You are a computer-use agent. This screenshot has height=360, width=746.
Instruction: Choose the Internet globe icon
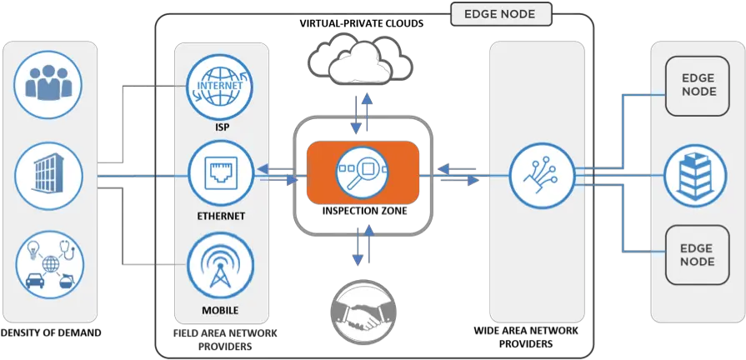click(221, 87)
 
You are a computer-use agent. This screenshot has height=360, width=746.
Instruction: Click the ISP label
click(221, 129)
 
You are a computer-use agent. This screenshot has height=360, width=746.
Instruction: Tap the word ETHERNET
click(221, 216)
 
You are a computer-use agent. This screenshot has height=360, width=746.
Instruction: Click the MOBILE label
click(221, 311)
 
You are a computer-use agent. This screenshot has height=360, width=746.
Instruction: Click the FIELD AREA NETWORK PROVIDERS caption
click(226, 338)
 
